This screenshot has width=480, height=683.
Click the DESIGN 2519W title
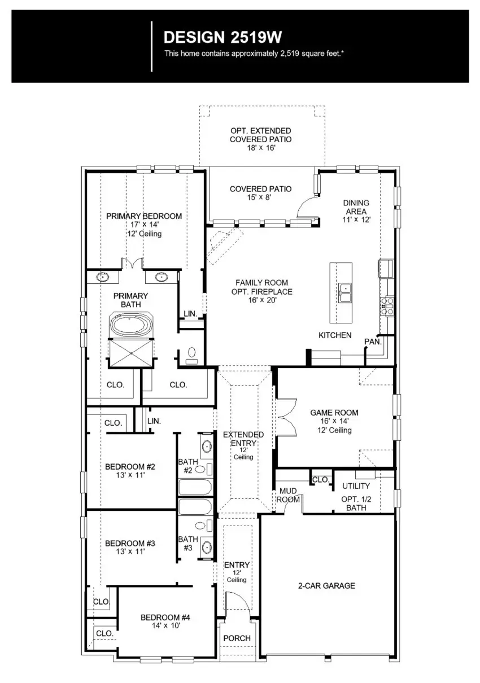click(222, 38)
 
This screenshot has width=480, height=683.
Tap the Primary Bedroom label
click(144, 216)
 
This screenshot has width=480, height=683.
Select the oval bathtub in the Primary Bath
click(131, 326)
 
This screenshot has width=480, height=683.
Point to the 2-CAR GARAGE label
click(326, 586)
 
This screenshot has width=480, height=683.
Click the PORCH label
click(237, 638)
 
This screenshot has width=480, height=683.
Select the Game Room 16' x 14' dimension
click(334, 422)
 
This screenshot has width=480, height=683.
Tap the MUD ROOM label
click(288, 496)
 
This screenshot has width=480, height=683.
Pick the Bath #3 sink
click(207, 546)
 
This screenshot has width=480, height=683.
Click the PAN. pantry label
click(373, 342)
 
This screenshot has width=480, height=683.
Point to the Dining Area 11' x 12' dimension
click(356, 220)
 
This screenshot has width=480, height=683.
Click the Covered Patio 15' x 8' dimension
click(260, 198)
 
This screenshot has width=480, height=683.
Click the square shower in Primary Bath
click(131, 353)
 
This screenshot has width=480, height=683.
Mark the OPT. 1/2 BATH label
click(356, 504)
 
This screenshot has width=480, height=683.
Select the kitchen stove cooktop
click(388, 307)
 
